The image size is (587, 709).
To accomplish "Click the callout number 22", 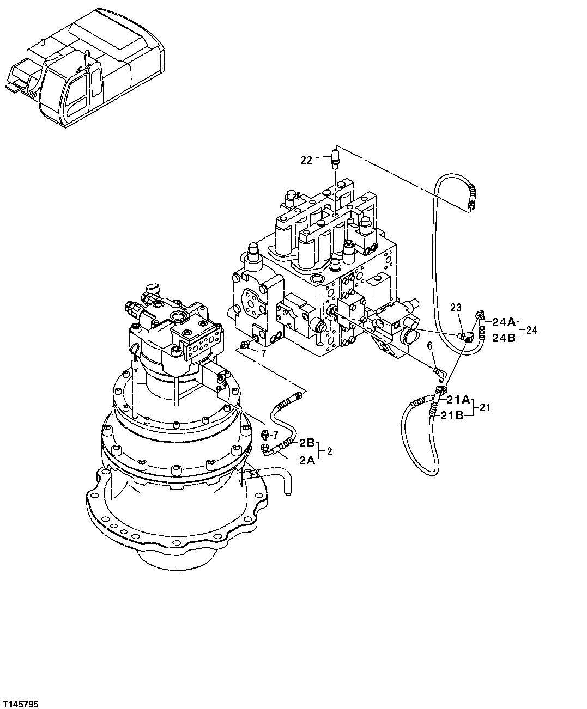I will (x=306, y=160).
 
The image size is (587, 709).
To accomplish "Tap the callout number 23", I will (x=456, y=308).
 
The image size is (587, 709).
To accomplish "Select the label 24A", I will (x=504, y=321).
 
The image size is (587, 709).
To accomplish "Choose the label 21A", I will (x=455, y=400).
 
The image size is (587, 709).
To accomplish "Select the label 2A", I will (x=306, y=460).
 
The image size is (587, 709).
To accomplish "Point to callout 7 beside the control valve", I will (x=263, y=353).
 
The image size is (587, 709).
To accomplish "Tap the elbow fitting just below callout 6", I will (x=439, y=372).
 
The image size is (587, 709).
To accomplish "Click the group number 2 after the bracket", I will (x=329, y=451).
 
